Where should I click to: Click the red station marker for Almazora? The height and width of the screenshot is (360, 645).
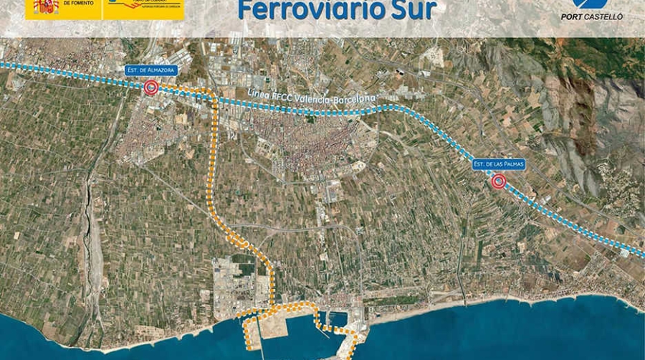pyautogui.click(x=151, y=87)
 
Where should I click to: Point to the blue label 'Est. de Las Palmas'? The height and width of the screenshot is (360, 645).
pyautogui.click(x=499, y=164)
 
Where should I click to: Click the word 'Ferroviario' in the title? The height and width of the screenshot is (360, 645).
pyautogui.click(x=308, y=11)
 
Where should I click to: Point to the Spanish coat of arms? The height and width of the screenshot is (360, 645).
pyautogui.click(x=47, y=7)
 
